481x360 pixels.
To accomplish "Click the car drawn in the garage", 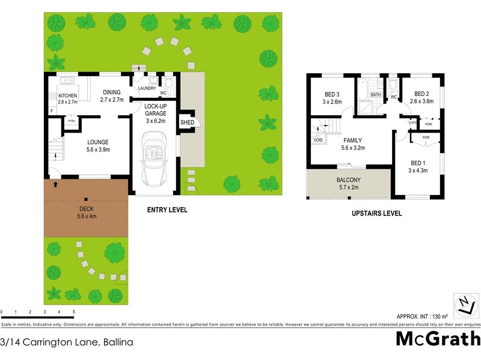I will point(155,160).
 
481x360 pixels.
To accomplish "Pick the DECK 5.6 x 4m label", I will point(86,213).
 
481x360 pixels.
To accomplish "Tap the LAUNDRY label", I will point(147,88).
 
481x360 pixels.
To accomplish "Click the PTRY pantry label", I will point(71,121).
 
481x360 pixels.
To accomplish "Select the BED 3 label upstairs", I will point(332,98).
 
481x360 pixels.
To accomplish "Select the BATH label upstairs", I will point(376,95).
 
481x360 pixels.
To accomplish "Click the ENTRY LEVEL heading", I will point(167,210).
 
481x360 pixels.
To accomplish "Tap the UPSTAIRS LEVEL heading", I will point(377,214).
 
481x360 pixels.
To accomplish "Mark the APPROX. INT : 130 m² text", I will point(423,316).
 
